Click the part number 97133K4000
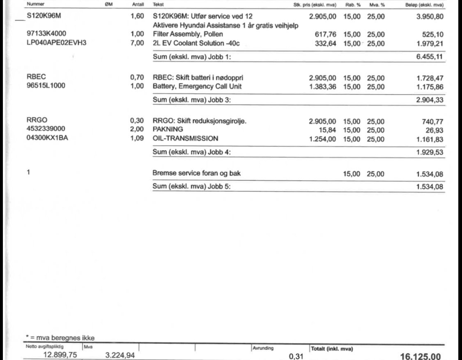46,34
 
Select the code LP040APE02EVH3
56,43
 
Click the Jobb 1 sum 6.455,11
430,57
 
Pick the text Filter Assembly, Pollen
188,34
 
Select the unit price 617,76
325,34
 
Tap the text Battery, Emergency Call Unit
197,86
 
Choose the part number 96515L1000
46,86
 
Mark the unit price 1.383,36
322,86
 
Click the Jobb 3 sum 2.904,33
430,100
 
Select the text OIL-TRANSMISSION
185,138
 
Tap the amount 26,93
434,130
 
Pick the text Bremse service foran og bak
196,173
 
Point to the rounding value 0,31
296,356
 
